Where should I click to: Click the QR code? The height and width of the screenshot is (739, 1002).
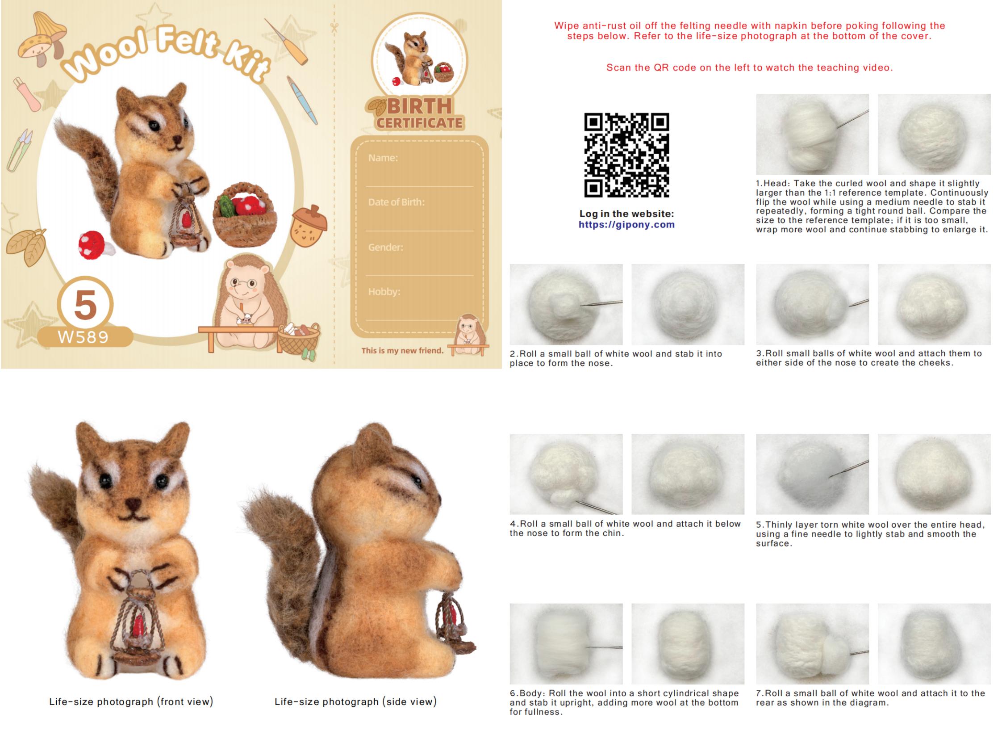pyautogui.click(x=626, y=155)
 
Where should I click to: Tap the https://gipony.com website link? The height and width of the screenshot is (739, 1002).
pyautogui.click(x=626, y=225)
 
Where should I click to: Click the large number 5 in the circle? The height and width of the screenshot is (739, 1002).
pyautogui.click(x=85, y=305)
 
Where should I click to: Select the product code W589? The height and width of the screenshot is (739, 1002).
pyautogui.click(x=83, y=337)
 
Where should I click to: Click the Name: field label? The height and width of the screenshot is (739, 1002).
pyautogui.click(x=383, y=158)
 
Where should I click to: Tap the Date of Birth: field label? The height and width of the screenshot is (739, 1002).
pyautogui.click(x=396, y=202)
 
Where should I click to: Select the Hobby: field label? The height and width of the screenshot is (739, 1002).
pyautogui.click(x=384, y=292)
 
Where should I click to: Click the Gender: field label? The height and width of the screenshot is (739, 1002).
pyautogui.click(x=385, y=247)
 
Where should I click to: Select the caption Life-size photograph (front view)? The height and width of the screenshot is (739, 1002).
pyautogui.click(x=131, y=701)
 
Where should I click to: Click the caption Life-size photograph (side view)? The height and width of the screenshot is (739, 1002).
pyautogui.click(x=355, y=701)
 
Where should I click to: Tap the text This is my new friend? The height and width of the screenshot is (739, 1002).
pyautogui.click(x=402, y=350)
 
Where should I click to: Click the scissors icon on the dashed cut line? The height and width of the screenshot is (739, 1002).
pyautogui.click(x=334, y=28)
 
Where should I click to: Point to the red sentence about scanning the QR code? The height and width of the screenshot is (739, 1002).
pyautogui.click(x=749, y=67)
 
